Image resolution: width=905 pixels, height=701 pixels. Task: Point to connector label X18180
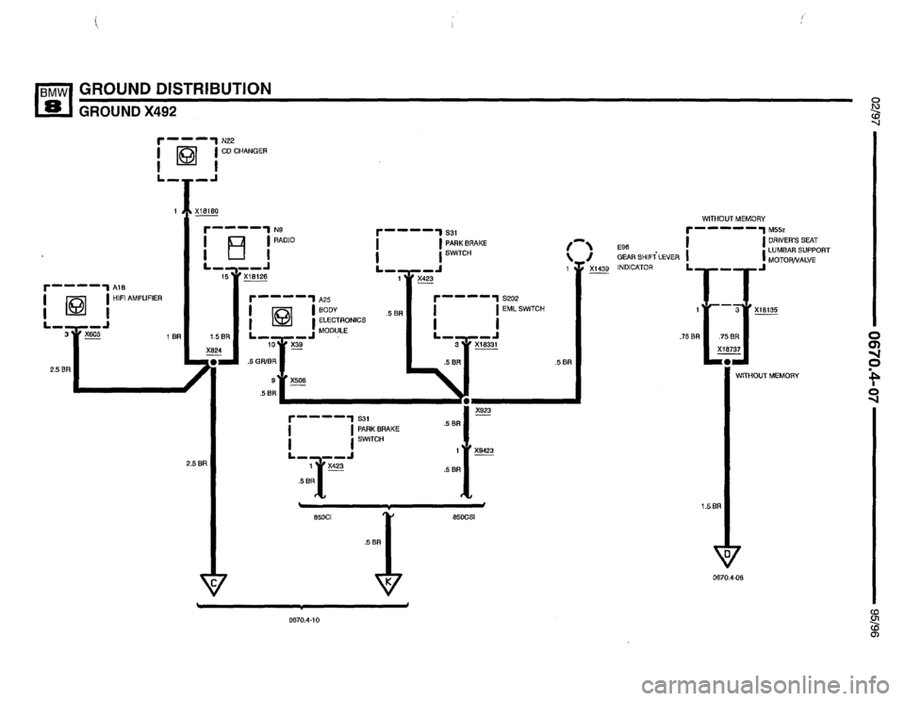click(207, 212)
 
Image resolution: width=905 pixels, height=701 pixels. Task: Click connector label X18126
click(255, 277)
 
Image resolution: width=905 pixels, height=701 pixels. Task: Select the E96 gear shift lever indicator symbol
click(577, 251)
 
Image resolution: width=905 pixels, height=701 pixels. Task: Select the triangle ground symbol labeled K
click(388, 584)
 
